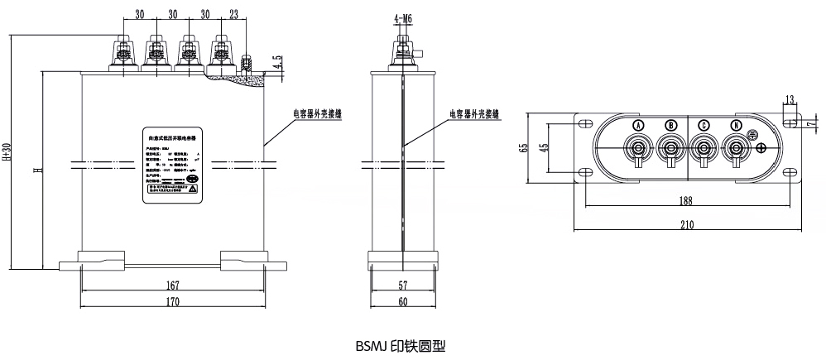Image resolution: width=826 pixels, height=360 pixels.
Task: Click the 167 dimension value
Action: [x=172, y=285]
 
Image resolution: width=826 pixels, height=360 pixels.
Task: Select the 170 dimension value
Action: [x=172, y=302]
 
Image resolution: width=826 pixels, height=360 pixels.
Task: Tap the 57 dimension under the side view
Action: [x=402, y=285]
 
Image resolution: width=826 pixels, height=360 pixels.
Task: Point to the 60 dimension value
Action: [x=402, y=302]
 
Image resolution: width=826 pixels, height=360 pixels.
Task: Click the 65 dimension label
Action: [x=524, y=147]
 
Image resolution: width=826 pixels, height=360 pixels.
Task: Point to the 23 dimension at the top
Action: [x=235, y=14]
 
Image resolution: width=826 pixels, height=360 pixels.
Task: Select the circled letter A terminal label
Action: [x=638, y=125]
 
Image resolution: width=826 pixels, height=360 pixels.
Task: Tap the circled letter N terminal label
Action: [x=736, y=125]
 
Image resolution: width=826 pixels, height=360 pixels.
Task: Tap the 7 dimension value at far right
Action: [x=810, y=124]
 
